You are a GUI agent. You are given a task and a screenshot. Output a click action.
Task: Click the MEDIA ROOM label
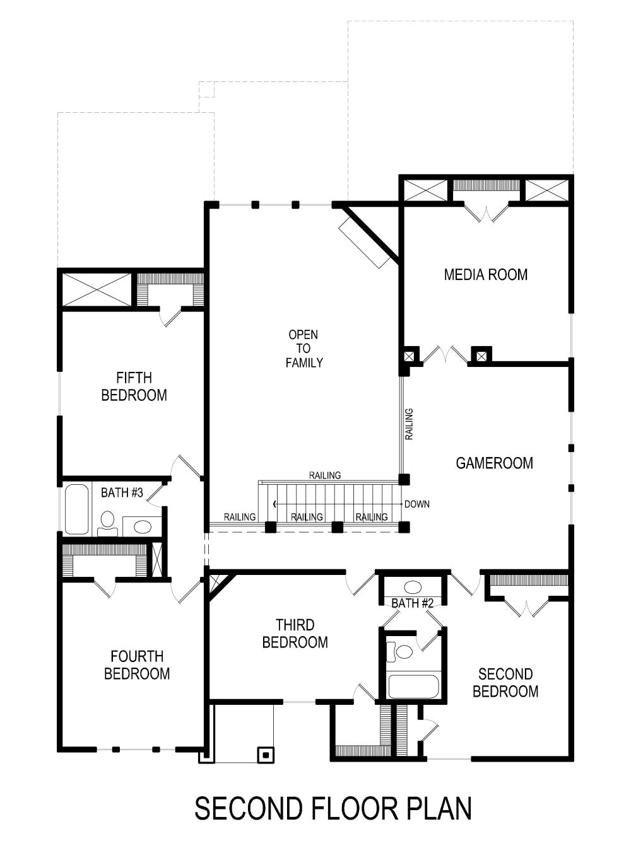pos(485,274)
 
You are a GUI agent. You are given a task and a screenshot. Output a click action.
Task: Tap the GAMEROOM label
pos(494,463)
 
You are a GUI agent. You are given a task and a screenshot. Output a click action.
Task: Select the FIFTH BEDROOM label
pos(134,386)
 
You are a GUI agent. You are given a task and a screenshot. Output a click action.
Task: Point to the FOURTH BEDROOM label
pos(137,665)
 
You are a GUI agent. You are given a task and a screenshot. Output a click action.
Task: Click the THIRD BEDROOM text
pos(295,634)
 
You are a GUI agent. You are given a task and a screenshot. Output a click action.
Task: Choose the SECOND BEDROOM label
pos(505,683)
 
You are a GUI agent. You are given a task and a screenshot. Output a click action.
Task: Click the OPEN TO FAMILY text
pos(304,349)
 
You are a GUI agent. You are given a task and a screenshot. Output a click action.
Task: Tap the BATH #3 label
pos(122,492)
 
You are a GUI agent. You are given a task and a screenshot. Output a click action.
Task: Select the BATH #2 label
pos(412,603)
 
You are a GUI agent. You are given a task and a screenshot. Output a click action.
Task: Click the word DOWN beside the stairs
pos(417,504)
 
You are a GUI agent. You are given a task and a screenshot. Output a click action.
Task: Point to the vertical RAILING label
pos(409,424)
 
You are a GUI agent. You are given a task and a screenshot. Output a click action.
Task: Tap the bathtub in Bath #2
pos(413,687)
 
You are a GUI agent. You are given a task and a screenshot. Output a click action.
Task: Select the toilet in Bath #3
pos(107,522)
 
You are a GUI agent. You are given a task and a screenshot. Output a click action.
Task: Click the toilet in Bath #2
pos(400,651)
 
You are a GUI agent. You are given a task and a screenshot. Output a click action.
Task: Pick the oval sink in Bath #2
pos(413,588)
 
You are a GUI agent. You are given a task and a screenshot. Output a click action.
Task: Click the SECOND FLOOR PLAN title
pos(333,808)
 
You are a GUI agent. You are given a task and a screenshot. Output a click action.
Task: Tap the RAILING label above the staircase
pos(325,475)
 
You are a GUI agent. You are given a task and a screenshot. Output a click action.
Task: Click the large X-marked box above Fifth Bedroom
pos(97,289)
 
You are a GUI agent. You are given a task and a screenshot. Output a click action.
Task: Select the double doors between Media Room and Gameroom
pos(446,354)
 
